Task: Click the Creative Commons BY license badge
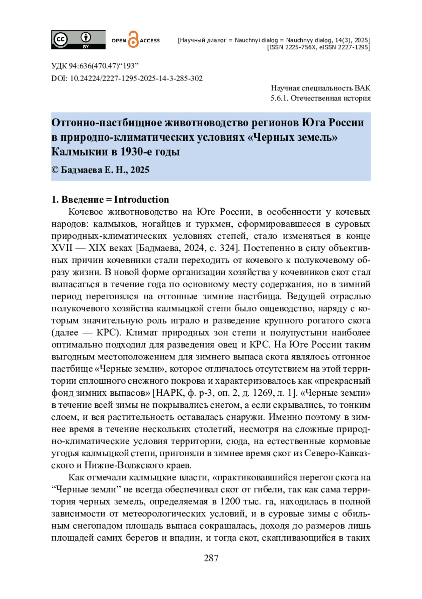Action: click(78, 39)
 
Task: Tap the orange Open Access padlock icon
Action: click(133, 39)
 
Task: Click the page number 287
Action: click(211, 558)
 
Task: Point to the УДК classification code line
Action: click(95, 66)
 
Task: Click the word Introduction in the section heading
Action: click(141, 199)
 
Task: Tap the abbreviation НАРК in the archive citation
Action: click(170, 393)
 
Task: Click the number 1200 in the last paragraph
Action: click(230, 501)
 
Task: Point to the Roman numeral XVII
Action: click(62, 248)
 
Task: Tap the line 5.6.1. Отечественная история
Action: click(320, 98)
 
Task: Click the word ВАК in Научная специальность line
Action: click(362, 88)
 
